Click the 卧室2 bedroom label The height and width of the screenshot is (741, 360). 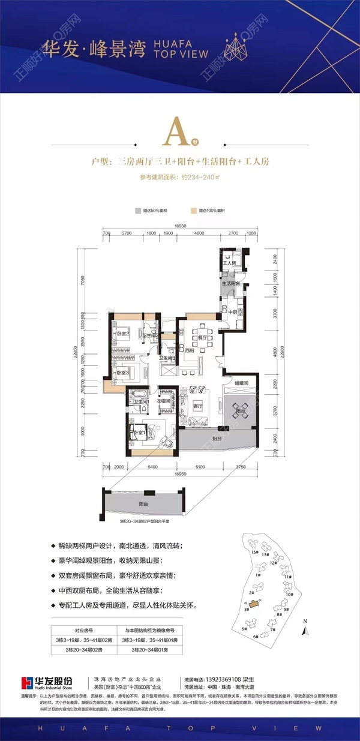pos(124,334)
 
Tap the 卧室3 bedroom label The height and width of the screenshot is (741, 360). pos(124,373)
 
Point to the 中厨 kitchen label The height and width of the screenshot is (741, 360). pos(231,311)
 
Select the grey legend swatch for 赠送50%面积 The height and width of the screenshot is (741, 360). pos(137,212)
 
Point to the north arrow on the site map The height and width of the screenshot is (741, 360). pos(305,629)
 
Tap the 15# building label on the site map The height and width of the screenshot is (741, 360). pos(254,551)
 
